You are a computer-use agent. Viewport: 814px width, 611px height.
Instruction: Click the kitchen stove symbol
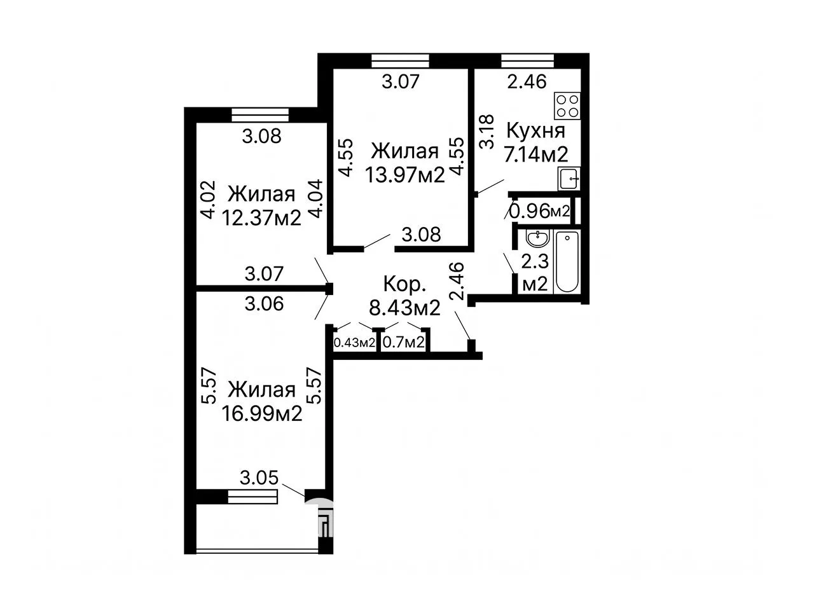pyautogui.click(x=567, y=106)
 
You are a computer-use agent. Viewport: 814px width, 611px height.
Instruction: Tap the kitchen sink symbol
pyautogui.click(x=569, y=179)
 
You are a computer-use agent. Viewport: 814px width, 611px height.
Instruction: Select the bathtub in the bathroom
pyautogui.click(x=567, y=262)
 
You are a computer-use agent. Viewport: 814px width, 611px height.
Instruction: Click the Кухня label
pyautogui.click(x=536, y=130)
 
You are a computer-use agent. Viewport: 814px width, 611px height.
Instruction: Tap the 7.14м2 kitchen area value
pyautogui.click(x=536, y=154)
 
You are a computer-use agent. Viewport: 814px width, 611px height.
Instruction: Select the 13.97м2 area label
pyautogui.click(x=405, y=174)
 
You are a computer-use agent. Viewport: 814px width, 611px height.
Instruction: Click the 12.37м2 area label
pyautogui.click(x=261, y=217)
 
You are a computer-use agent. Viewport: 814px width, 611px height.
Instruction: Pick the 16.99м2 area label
pyautogui.click(x=262, y=413)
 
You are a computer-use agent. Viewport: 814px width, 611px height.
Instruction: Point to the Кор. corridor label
pyautogui.click(x=404, y=284)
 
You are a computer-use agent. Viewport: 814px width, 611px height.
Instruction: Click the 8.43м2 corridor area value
pyautogui.click(x=404, y=308)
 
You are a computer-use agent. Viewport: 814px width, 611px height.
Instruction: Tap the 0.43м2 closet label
pyautogui.click(x=354, y=343)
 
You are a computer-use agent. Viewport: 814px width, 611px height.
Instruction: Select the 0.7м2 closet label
pyautogui.click(x=403, y=342)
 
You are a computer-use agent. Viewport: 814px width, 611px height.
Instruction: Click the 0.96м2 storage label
pyautogui.click(x=539, y=211)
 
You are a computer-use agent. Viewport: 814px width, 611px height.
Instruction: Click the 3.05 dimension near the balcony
pyautogui.click(x=259, y=478)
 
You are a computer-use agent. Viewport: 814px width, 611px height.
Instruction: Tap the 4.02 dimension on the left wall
pyautogui.click(x=208, y=200)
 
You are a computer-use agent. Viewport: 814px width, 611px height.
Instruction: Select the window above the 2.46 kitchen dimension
pyautogui.click(x=528, y=61)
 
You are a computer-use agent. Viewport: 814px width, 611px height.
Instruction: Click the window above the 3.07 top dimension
pyautogui.click(x=401, y=61)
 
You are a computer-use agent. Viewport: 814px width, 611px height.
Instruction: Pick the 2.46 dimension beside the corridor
pyautogui.click(x=457, y=281)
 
